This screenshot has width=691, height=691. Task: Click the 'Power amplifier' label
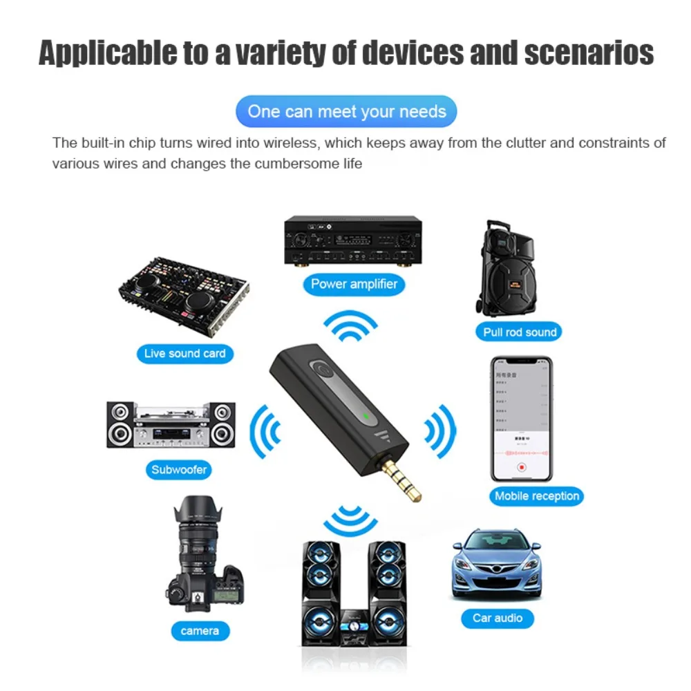point(354,284)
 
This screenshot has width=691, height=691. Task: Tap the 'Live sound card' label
point(184,354)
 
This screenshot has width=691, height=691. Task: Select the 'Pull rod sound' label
point(520,332)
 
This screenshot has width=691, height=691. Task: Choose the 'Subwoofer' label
point(180,470)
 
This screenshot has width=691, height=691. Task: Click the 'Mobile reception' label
point(537,496)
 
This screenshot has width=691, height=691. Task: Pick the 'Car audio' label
point(498,618)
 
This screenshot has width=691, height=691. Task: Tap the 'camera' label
point(200,631)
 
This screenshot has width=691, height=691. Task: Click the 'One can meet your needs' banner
point(347,111)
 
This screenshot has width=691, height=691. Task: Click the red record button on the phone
point(522,467)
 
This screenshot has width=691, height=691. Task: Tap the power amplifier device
point(353,241)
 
